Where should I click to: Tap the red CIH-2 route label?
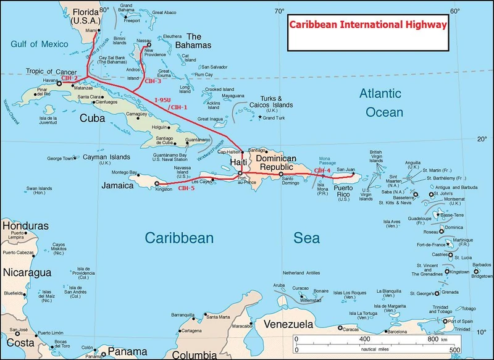(69, 78)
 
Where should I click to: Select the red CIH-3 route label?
(152, 81)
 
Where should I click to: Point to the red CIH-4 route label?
(322, 170)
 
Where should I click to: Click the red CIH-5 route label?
(186, 188)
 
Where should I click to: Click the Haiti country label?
(238, 161)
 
